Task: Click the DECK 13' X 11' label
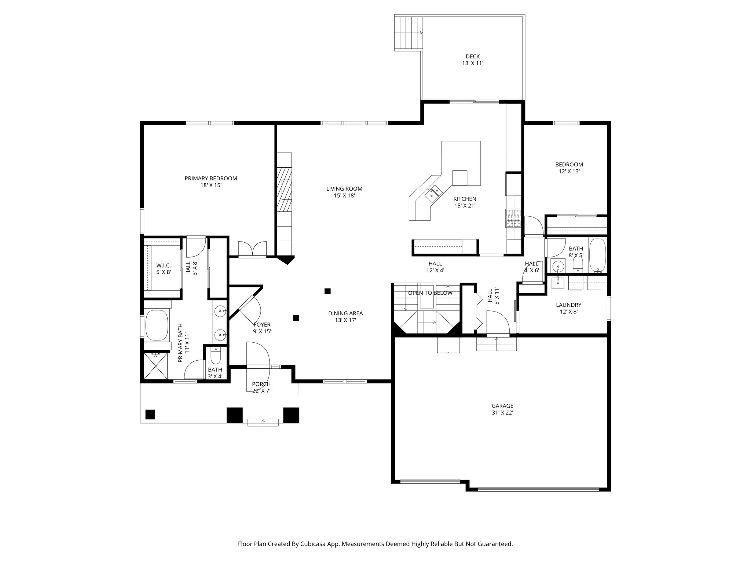(x=473, y=60)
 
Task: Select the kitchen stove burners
(x=513, y=218)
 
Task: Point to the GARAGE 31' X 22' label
(x=502, y=409)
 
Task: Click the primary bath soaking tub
(x=157, y=325)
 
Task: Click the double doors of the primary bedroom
(x=252, y=249)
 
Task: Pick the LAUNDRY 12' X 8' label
(x=568, y=308)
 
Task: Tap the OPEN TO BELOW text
(x=430, y=293)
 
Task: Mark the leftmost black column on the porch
(x=150, y=414)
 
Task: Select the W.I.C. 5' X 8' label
(x=164, y=269)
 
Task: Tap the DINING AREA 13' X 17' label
(x=345, y=317)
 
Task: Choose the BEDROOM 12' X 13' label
(x=569, y=168)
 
